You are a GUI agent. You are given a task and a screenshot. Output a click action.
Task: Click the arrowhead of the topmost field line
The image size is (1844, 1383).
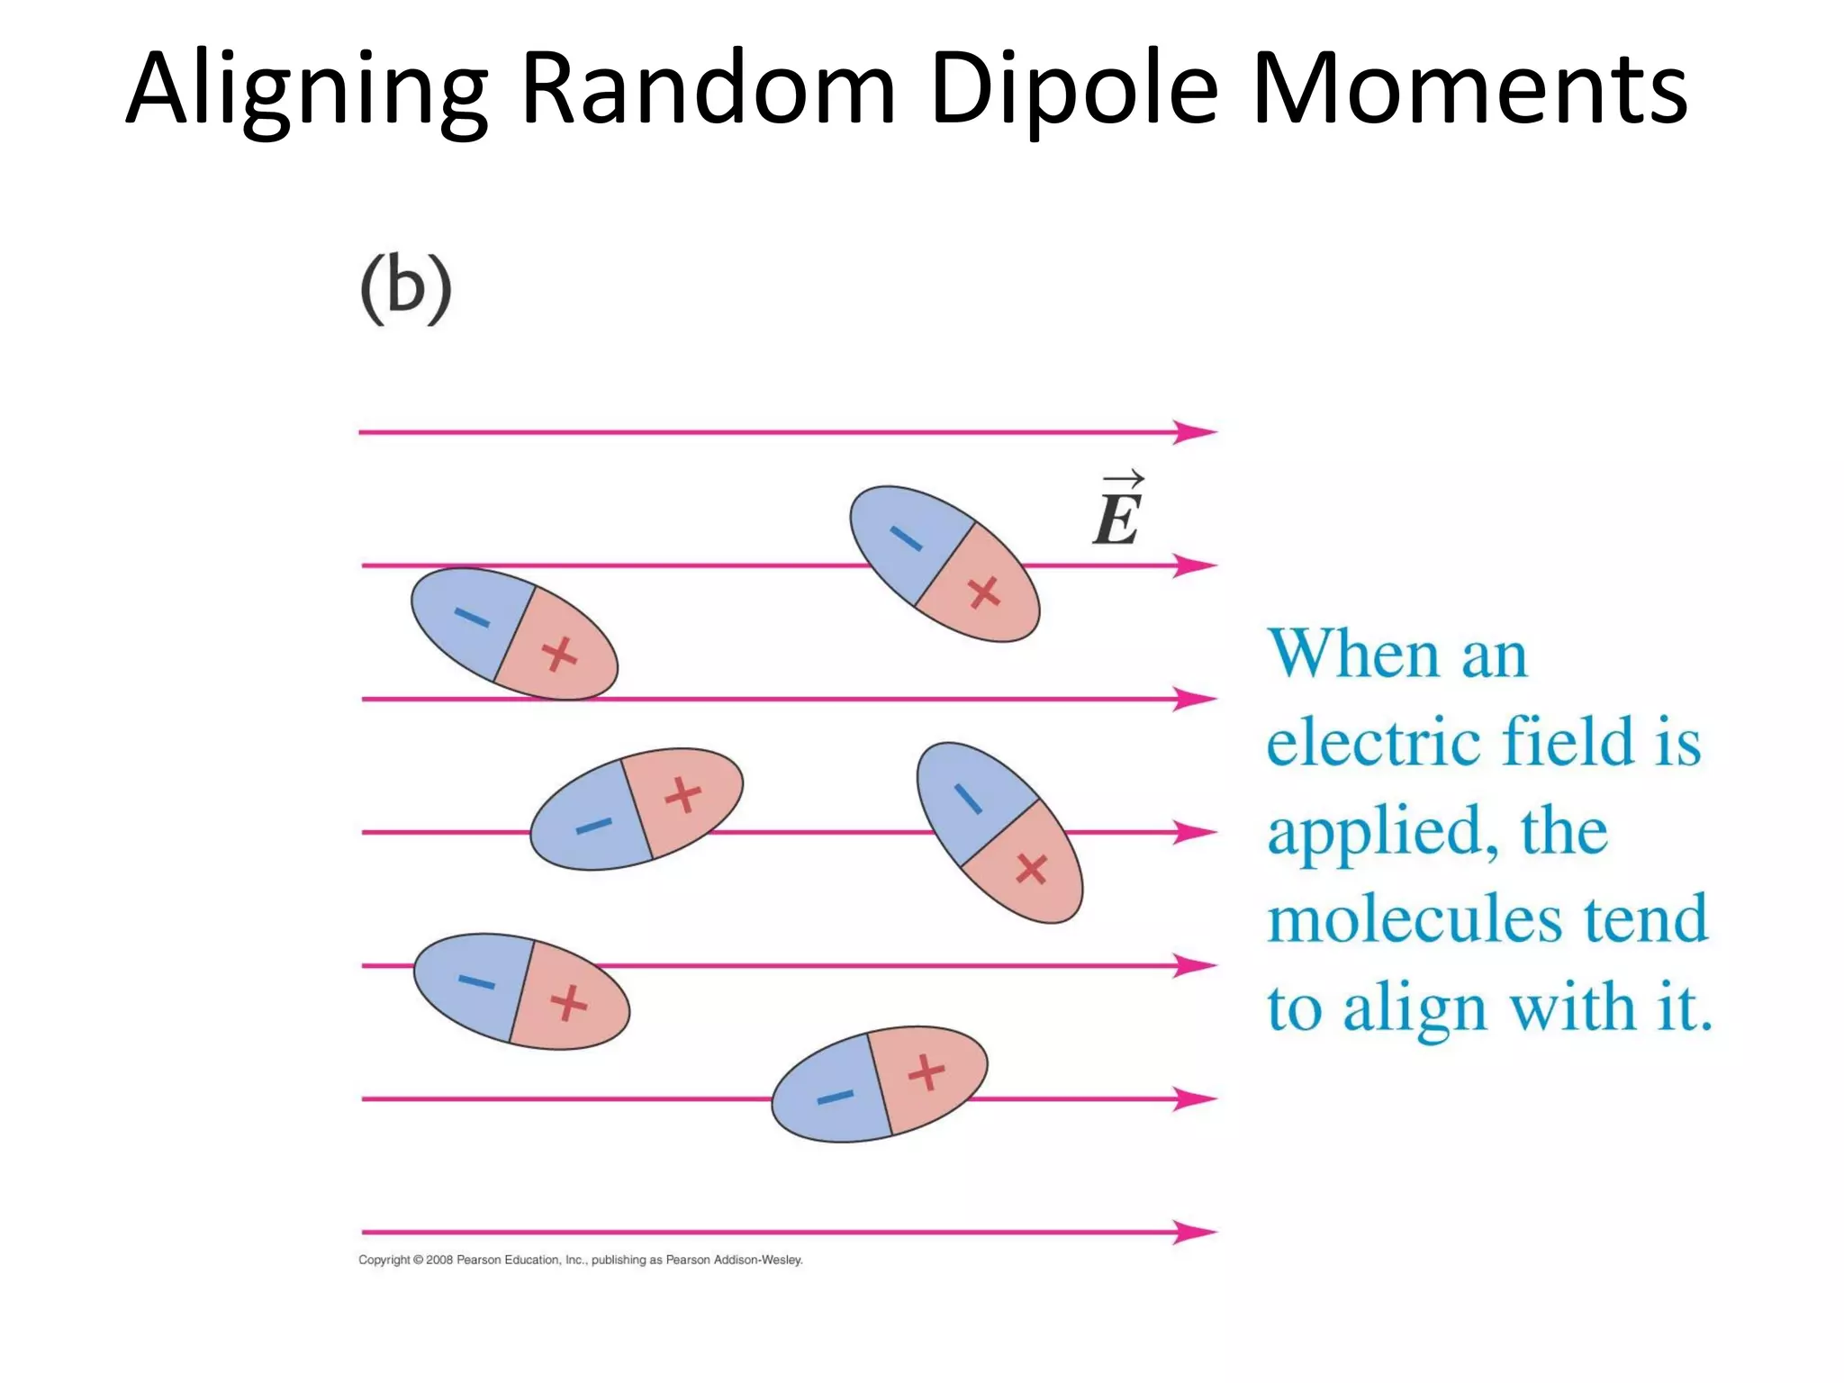point(1196,432)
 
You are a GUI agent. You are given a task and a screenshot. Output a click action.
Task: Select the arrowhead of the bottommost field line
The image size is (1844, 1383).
point(1196,1231)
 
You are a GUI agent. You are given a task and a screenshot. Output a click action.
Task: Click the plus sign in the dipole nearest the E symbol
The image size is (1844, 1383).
point(983,592)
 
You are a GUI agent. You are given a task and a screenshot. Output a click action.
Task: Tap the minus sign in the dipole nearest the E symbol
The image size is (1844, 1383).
point(906,538)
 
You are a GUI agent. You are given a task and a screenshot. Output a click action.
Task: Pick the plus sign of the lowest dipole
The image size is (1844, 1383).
point(926,1072)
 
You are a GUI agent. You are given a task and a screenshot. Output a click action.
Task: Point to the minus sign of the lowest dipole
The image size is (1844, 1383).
point(835,1097)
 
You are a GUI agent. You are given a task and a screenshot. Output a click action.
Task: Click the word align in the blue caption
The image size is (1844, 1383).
point(1414,1008)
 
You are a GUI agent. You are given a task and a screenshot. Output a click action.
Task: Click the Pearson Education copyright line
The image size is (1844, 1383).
point(580,1260)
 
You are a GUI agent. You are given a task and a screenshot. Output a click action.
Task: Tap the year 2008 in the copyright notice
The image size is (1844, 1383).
point(438,1260)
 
